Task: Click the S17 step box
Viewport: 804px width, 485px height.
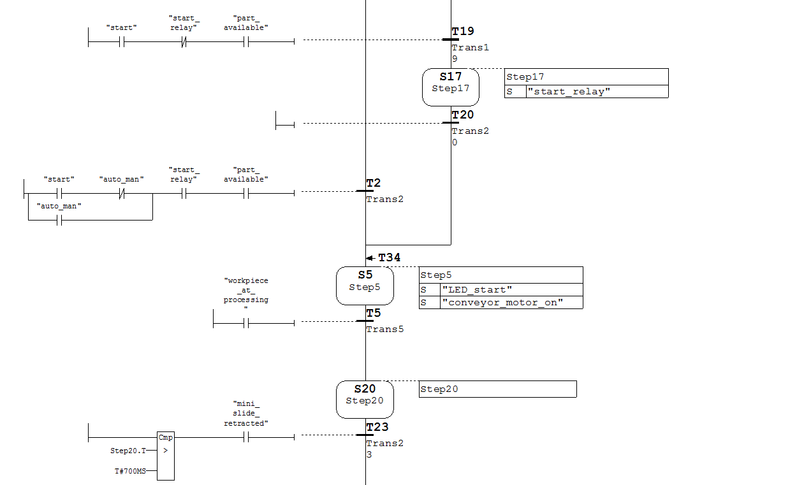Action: point(450,87)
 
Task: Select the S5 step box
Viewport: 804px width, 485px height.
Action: point(364,286)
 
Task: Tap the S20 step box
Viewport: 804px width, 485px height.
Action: point(364,400)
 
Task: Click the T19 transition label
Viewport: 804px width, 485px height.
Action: point(462,31)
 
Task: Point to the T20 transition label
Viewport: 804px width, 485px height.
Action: point(462,115)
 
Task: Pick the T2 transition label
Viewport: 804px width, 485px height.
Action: point(373,184)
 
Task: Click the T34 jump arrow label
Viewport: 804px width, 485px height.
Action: point(389,257)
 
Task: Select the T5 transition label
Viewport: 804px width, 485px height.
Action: point(373,313)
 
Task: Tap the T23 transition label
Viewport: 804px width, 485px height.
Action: point(377,427)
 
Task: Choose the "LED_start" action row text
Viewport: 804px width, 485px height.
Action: point(477,290)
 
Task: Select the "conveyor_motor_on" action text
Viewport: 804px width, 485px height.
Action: point(502,302)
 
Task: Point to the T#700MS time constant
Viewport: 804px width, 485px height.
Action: point(130,471)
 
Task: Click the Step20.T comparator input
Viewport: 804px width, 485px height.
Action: point(128,451)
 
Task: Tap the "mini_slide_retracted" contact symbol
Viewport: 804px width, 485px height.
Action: point(246,437)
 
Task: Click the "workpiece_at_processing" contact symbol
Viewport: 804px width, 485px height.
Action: point(246,323)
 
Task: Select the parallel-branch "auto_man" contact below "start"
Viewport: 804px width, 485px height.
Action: point(59,221)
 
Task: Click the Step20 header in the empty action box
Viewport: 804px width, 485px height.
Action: point(439,389)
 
